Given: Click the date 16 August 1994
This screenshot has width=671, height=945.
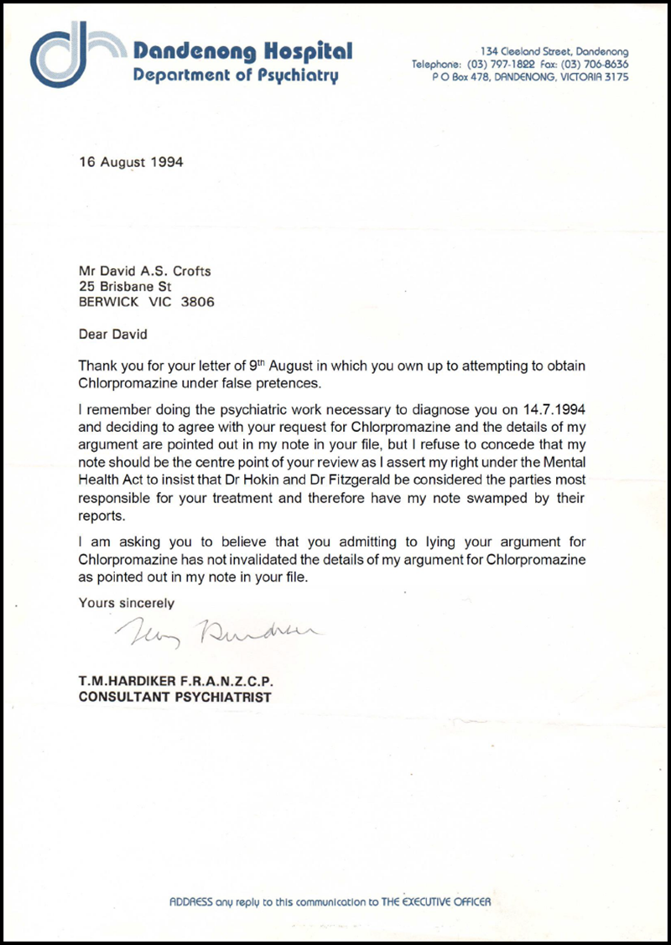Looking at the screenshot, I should (x=131, y=162).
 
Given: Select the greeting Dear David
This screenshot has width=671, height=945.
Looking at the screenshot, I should (x=112, y=334).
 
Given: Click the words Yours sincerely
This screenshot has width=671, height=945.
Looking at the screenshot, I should (x=127, y=602).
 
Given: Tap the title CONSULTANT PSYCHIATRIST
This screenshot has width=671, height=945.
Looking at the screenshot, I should (x=174, y=697).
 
